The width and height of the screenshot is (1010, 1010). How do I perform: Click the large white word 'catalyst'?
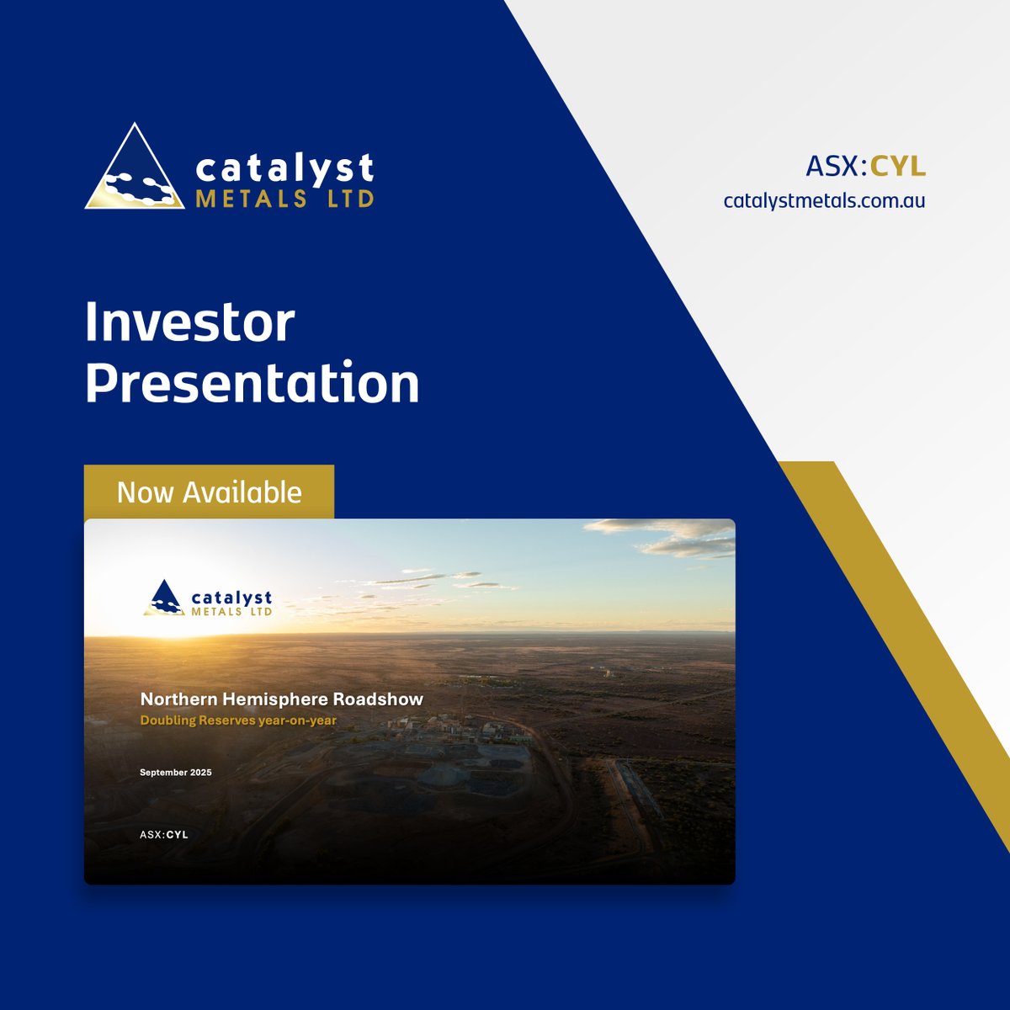[284, 168]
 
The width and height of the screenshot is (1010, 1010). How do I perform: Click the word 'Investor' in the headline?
[190, 322]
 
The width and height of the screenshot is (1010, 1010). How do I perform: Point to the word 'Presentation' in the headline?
[252, 384]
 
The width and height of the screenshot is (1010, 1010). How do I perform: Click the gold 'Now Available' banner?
[209, 492]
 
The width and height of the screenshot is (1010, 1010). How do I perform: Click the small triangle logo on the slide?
[163, 598]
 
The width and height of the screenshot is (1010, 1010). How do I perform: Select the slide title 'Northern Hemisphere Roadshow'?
[282, 699]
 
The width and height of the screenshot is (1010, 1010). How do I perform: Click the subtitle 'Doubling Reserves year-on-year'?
[238, 720]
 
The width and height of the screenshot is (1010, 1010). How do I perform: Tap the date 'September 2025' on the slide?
[176, 773]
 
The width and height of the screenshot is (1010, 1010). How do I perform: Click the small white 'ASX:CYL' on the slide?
[164, 835]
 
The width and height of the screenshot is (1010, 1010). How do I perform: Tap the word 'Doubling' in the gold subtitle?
[167, 720]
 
